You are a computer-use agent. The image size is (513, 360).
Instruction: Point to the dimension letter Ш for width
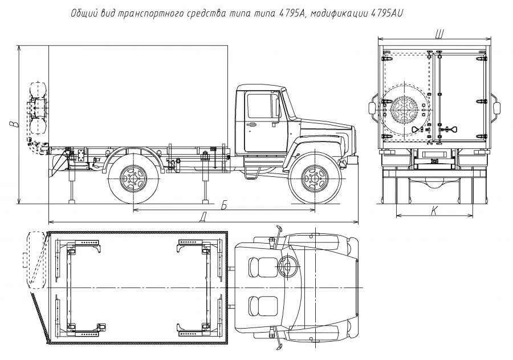click(439, 34)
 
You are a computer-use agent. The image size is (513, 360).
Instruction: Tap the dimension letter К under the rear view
click(434, 211)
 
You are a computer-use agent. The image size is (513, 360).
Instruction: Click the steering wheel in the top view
click(288, 266)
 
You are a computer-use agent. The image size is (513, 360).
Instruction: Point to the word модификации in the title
click(339, 13)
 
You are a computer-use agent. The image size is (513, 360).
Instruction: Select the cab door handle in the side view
click(251, 122)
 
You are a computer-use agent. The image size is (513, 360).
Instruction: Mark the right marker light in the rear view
click(496, 107)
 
